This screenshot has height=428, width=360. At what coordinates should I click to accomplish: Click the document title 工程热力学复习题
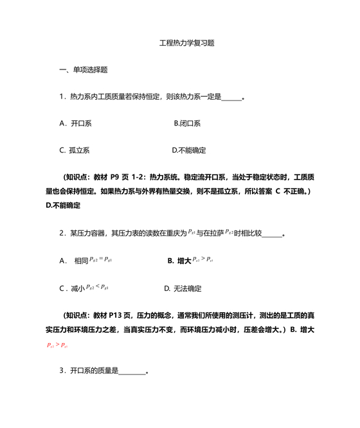coord(186,43)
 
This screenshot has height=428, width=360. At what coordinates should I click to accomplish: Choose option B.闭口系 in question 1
coord(187,123)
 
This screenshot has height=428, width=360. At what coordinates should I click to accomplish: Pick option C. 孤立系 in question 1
coord(75,150)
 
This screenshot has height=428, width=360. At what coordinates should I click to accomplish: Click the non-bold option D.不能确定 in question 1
coord(189,150)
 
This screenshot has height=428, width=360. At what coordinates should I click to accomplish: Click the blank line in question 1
coord(231,97)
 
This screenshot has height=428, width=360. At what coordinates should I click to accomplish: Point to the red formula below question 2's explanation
coord(58,345)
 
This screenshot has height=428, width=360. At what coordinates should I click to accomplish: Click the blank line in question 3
coord(132,371)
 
